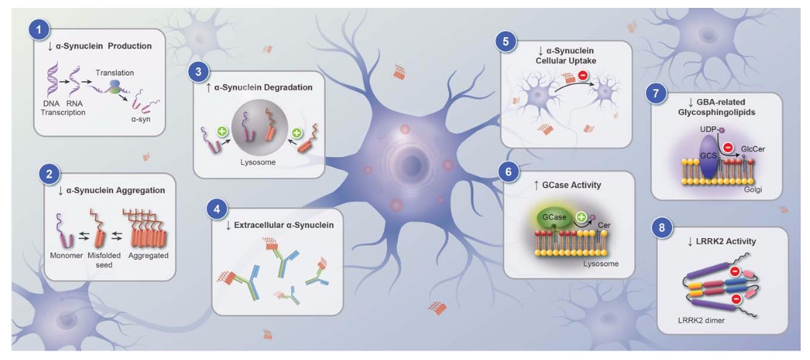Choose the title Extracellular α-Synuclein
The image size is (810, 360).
(x=283, y=225)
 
